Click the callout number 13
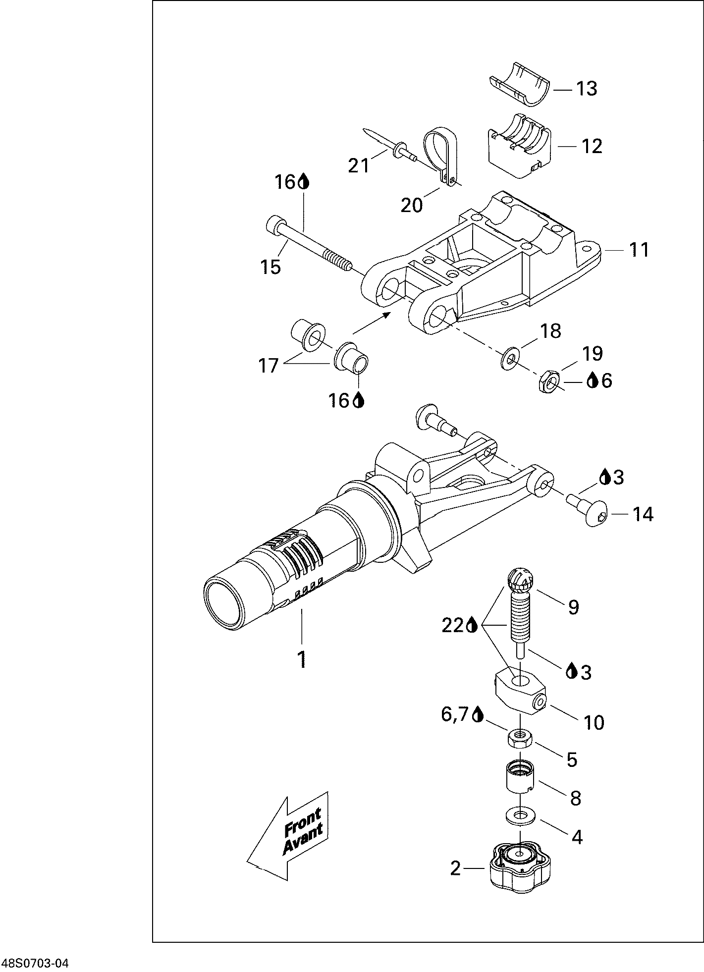click(x=586, y=89)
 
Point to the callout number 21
click(x=359, y=165)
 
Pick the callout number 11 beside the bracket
click(x=639, y=250)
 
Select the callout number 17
click(x=268, y=366)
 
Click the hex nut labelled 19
click(x=549, y=381)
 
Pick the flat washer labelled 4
click(x=518, y=814)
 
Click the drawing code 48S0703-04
click(x=35, y=964)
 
